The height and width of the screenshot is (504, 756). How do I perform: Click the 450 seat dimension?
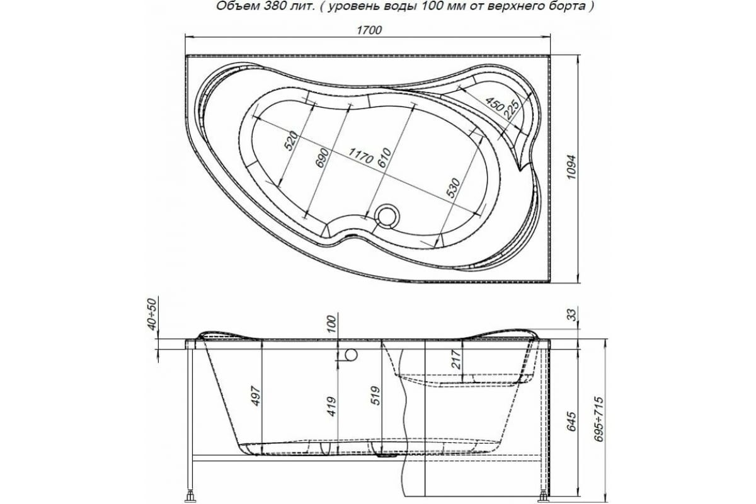(494, 103)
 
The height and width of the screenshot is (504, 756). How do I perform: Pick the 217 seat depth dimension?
(457, 359)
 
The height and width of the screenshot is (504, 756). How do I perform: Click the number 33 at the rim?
(570, 314)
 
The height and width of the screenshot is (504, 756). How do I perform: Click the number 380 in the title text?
(259, 7)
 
